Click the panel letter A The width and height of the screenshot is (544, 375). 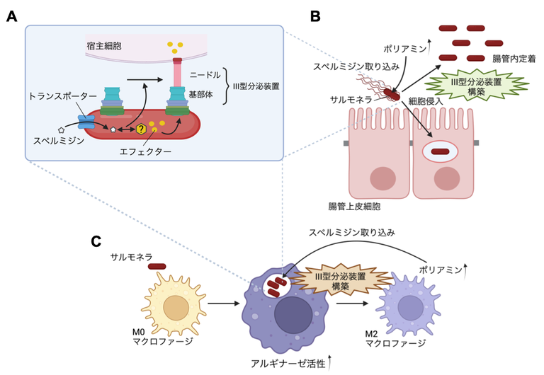tap(11, 16)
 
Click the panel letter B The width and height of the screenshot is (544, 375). tap(316, 15)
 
